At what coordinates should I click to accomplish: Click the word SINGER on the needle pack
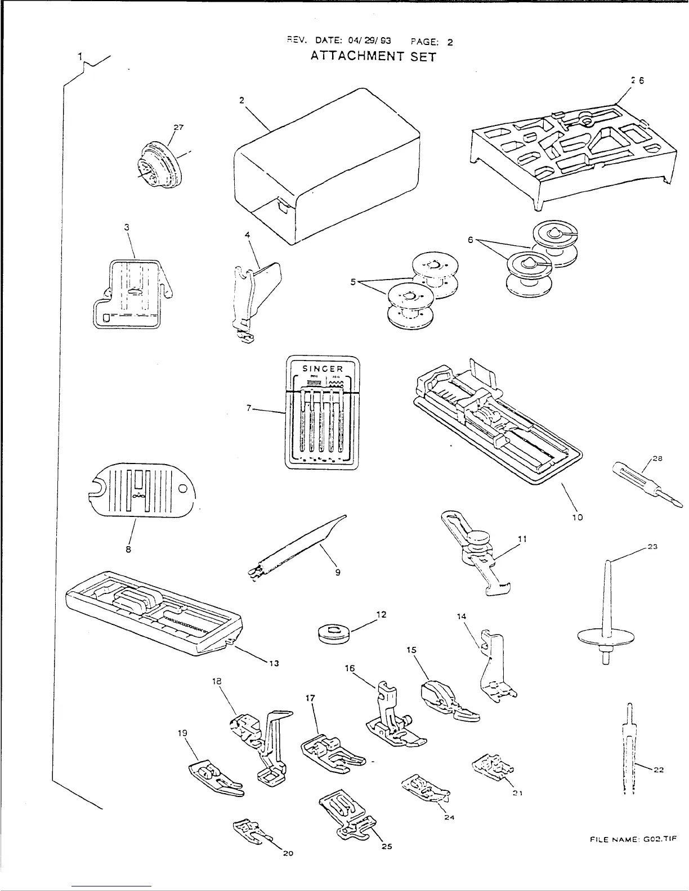click(x=323, y=369)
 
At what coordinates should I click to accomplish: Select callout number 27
click(x=178, y=127)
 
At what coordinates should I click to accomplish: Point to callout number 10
click(x=578, y=517)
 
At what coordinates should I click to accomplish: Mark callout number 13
click(x=274, y=663)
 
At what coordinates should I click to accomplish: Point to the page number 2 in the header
click(x=450, y=42)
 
